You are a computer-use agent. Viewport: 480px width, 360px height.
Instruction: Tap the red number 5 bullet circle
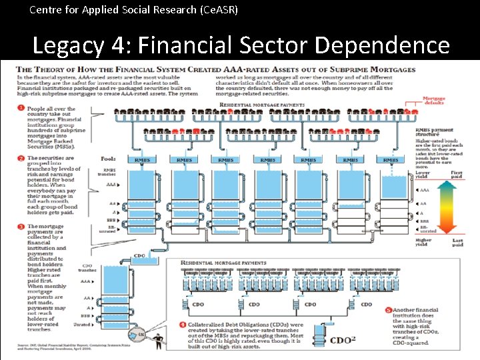click(388, 311)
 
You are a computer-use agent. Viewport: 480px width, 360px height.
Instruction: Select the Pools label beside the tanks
click(108, 159)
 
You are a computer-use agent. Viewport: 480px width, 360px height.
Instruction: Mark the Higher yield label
click(423, 242)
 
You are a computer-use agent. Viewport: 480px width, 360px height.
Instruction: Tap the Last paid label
click(457, 242)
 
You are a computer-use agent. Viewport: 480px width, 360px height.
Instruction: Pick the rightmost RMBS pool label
click(391, 160)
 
